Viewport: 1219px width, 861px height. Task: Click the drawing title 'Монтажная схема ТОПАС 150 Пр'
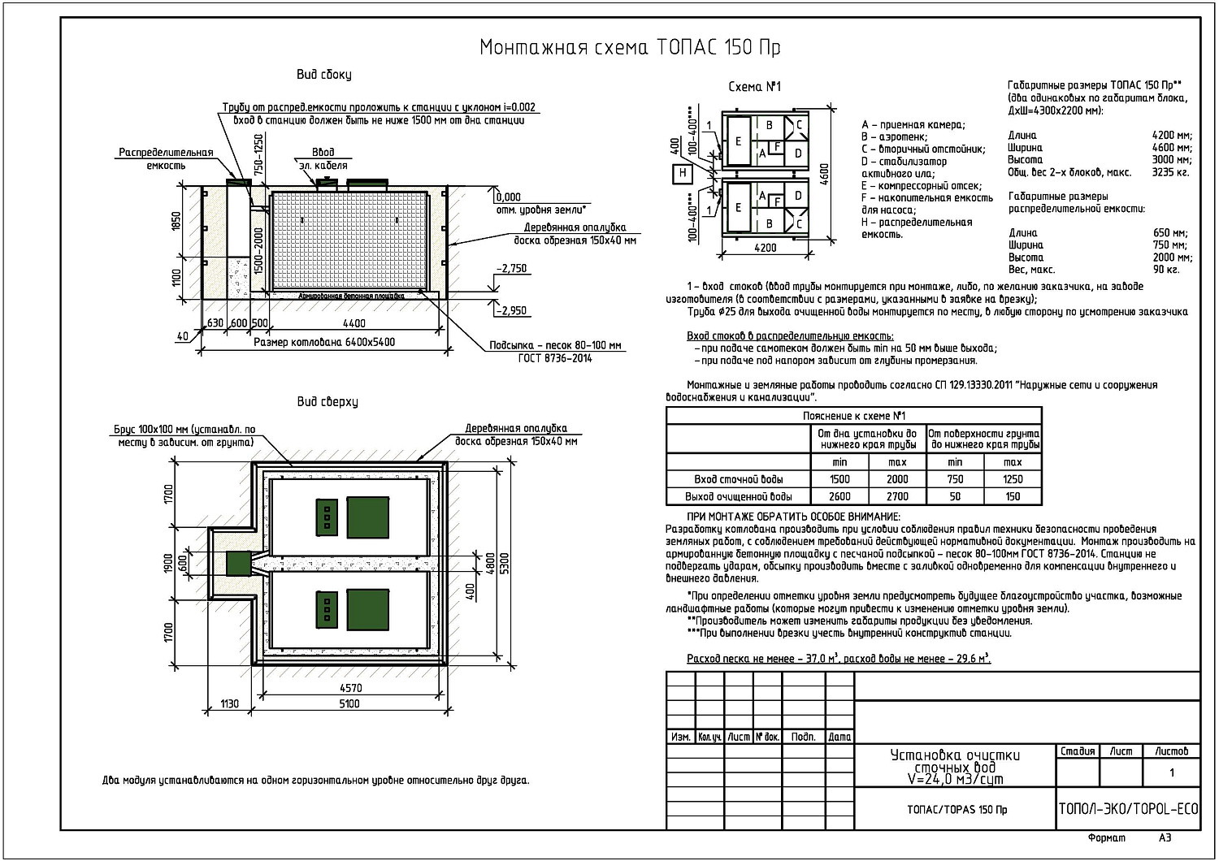630,48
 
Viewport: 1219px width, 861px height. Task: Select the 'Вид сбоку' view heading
323,75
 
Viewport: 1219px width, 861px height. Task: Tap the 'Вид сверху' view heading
327,402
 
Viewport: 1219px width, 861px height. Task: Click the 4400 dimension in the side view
354,323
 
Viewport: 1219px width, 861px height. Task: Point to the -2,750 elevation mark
511,268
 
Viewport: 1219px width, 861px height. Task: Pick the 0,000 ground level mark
508,197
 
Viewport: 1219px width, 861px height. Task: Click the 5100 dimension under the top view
349,703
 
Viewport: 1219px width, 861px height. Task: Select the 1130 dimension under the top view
229,703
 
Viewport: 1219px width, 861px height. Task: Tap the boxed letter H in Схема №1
683,174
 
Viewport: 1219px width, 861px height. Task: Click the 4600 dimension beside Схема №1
825,174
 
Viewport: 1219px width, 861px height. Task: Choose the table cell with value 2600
839,496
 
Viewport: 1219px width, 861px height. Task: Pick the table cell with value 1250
1013,479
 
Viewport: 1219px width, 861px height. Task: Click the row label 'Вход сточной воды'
738,479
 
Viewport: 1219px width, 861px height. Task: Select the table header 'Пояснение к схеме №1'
854,416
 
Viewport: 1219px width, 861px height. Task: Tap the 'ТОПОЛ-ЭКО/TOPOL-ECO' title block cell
1128,809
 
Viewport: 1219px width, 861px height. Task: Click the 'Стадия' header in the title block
1078,751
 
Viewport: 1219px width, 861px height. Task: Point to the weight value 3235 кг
1170,172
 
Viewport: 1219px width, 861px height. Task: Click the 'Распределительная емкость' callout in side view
166,159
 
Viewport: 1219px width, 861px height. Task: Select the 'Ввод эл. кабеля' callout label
323,159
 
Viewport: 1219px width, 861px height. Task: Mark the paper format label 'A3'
1165,837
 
